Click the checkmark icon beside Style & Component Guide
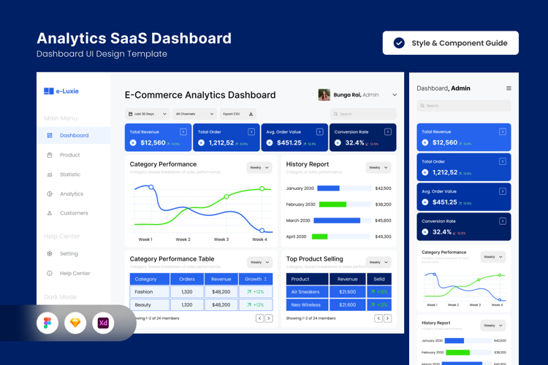pyautogui.click(x=399, y=43)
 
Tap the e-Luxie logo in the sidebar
pyautogui.click(x=61, y=91)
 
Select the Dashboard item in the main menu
pyautogui.click(x=74, y=135)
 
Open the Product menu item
pyautogui.click(x=69, y=155)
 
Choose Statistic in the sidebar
pyautogui.click(x=69, y=174)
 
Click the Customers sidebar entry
pyautogui.click(x=73, y=213)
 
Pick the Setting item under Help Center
pyautogui.click(x=69, y=254)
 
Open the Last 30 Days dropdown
pyautogui.click(x=148, y=114)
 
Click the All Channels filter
pyautogui.click(x=195, y=114)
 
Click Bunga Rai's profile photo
pyautogui.click(x=324, y=95)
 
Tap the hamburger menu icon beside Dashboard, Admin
pyautogui.click(x=509, y=88)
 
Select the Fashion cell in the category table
pyautogui.click(x=149, y=292)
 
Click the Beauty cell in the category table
pyautogui.click(x=149, y=304)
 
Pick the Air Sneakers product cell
pyautogui.click(x=307, y=292)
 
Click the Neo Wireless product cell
pyautogui.click(x=307, y=304)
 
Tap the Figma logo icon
pyautogui.click(x=47, y=323)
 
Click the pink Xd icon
pyautogui.click(x=103, y=323)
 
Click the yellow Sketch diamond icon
pyautogui.click(x=75, y=323)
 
